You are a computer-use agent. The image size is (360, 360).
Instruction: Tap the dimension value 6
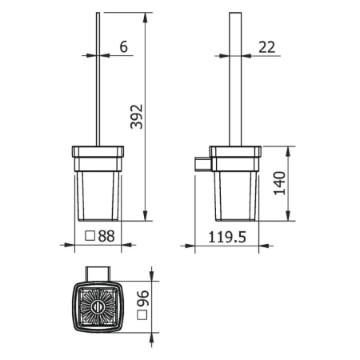(123, 47)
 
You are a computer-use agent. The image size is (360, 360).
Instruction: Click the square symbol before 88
(91, 237)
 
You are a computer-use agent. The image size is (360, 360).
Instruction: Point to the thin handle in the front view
(98, 80)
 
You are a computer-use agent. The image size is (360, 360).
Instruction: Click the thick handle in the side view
(236, 80)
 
